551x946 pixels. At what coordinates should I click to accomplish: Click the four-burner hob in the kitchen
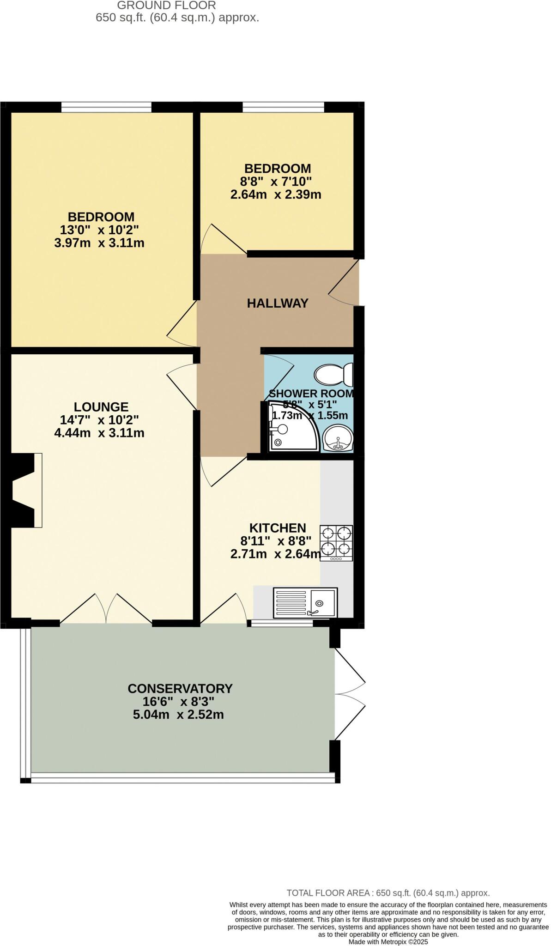click(337, 543)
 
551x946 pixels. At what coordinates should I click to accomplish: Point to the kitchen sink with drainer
click(305, 602)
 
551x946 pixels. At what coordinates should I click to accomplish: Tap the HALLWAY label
click(278, 303)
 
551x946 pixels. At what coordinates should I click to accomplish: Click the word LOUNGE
click(101, 407)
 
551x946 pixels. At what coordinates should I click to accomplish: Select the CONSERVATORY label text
click(180, 688)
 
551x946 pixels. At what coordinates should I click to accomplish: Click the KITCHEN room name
click(278, 528)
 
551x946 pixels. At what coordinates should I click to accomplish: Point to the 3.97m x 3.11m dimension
click(99, 243)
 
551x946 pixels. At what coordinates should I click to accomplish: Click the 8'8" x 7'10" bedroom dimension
click(278, 182)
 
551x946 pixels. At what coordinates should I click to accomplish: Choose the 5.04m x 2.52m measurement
click(178, 715)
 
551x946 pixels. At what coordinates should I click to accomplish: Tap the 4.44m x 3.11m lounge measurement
click(99, 433)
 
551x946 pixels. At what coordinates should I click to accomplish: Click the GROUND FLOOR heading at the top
click(166, 6)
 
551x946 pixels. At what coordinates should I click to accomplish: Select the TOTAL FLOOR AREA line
click(388, 893)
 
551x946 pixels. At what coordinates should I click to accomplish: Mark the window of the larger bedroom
click(106, 108)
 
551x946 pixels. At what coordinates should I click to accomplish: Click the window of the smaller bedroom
click(283, 108)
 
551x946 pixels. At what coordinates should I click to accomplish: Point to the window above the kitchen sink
click(282, 624)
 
